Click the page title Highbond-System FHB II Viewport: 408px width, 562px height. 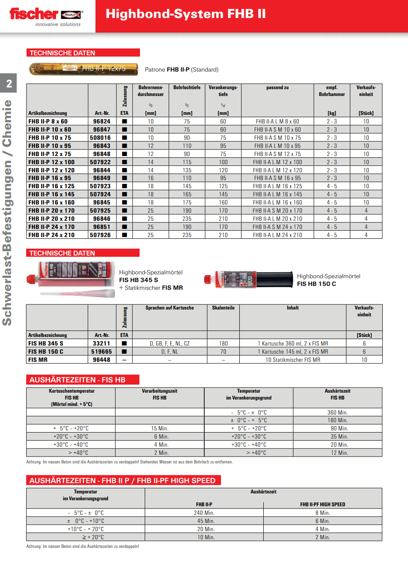click(185, 14)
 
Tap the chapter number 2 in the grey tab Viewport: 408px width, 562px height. click(9, 84)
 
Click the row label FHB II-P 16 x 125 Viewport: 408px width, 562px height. click(51, 186)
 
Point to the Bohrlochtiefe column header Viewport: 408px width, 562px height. click(187, 87)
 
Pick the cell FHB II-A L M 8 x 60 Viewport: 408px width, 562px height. click(277, 121)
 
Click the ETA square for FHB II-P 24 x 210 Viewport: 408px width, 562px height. click(125, 235)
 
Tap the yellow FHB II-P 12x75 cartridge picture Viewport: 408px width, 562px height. click(83, 69)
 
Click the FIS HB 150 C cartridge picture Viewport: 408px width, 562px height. click(248, 279)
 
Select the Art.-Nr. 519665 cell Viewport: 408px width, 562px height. click(101, 352)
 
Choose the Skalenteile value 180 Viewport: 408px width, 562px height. click(223, 343)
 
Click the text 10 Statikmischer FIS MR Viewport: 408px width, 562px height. click(293, 360)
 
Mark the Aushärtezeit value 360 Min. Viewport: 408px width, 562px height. click(337, 412)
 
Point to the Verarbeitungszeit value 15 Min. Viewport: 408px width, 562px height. click(160, 428)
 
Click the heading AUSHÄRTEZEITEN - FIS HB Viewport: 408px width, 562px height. click(77, 380)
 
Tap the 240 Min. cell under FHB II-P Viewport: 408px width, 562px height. click(204, 513)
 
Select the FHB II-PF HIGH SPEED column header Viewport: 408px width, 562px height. click(322, 505)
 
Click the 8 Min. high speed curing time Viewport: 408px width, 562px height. click(322, 513)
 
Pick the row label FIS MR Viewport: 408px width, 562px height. click(38, 360)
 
